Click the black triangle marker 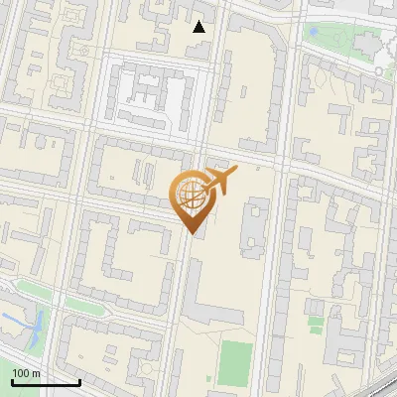coord(199,27)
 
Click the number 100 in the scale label coord(21,373)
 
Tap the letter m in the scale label coord(36,373)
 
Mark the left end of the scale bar coord(12,381)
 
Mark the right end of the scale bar coord(80,381)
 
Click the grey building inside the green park coord(368,45)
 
